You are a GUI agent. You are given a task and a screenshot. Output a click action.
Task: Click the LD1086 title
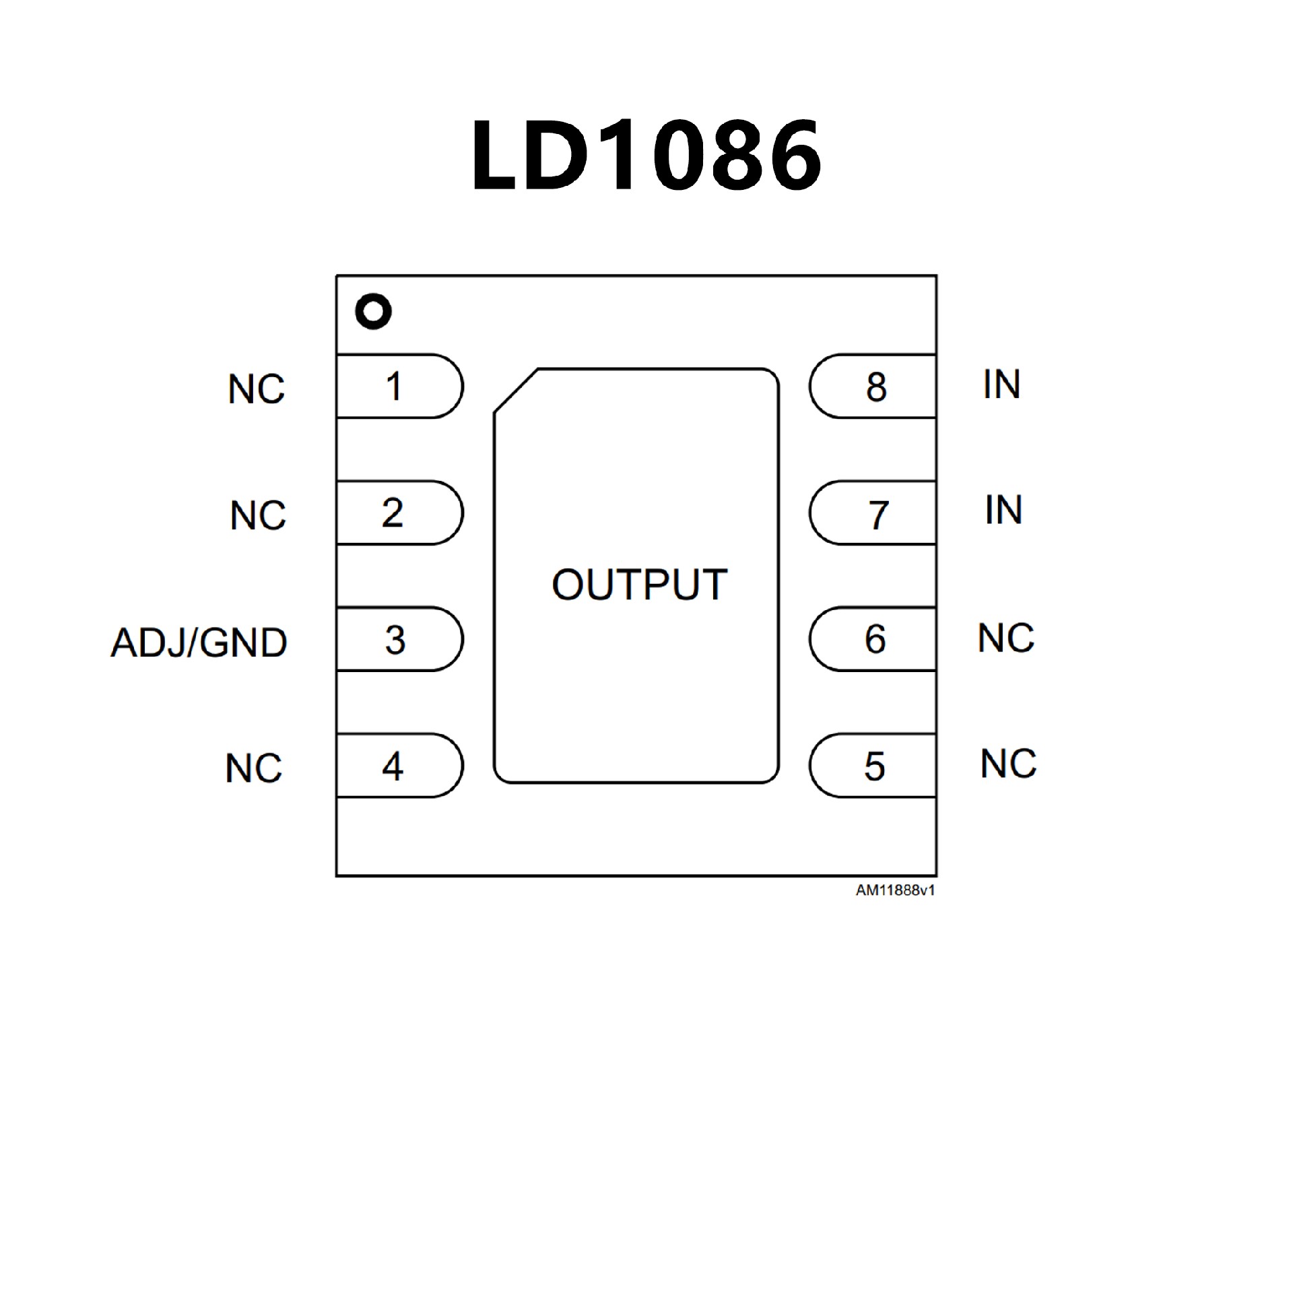click(x=646, y=156)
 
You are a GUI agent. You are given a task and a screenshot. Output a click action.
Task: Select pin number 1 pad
click(x=397, y=387)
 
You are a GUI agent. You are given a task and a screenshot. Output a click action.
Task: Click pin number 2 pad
click(x=397, y=513)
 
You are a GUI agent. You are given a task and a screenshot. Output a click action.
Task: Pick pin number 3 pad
click(x=397, y=639)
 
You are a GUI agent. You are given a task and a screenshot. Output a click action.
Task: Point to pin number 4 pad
click(x=397, y=766)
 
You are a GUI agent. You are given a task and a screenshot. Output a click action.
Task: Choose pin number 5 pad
click(x=874, y=766)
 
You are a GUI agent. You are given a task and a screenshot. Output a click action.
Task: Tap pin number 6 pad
click(x=874, y=639)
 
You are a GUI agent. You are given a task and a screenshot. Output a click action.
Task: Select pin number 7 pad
click(x=874, y=513)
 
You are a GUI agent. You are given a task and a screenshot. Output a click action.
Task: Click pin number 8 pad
click(x=874, y=387)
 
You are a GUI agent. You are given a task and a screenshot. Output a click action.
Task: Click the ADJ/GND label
click(x=199, y=642)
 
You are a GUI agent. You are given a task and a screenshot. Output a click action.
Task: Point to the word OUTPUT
click(x=639, y=585)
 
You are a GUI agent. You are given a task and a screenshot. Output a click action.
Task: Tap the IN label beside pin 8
click(x=1001, y=385)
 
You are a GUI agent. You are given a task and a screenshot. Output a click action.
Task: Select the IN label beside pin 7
click(x=1003, y=510)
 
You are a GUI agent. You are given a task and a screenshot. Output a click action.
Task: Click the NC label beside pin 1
click(x=257, y=389)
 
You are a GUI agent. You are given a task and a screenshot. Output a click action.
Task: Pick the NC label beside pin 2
click(x=258, y=516)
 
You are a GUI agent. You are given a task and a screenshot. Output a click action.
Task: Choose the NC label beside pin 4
click(x=254, y=768)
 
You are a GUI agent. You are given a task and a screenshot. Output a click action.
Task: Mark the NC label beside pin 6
click(x=1006, y=638)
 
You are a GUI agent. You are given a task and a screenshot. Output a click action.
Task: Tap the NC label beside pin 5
click(x=1008, y=764)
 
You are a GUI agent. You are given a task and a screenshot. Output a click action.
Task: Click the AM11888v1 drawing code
click(x=895, y=890)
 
